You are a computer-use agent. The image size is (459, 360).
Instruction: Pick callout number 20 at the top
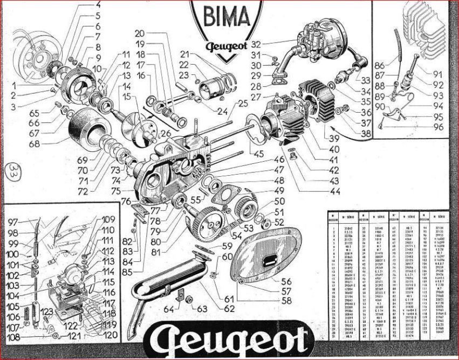(139, 33)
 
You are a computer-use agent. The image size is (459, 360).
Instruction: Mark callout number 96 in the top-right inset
(437, 128)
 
